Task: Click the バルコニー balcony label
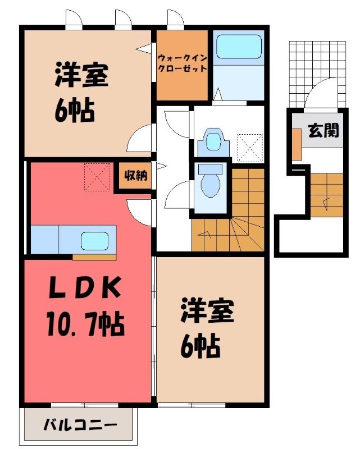(80, 425)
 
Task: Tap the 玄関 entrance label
(323, 131)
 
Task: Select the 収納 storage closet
(135, 176)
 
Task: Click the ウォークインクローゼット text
(183, 63)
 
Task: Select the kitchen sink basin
(94, 241)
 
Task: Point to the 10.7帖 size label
(86, 325)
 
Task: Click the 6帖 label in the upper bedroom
(75, 109)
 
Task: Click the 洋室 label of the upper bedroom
(81, 75)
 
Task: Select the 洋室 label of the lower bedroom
(207, 311)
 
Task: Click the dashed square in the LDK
(97, 177)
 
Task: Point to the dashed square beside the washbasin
(250, 148)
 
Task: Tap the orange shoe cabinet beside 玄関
(297, 145)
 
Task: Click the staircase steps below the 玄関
(326, 195)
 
